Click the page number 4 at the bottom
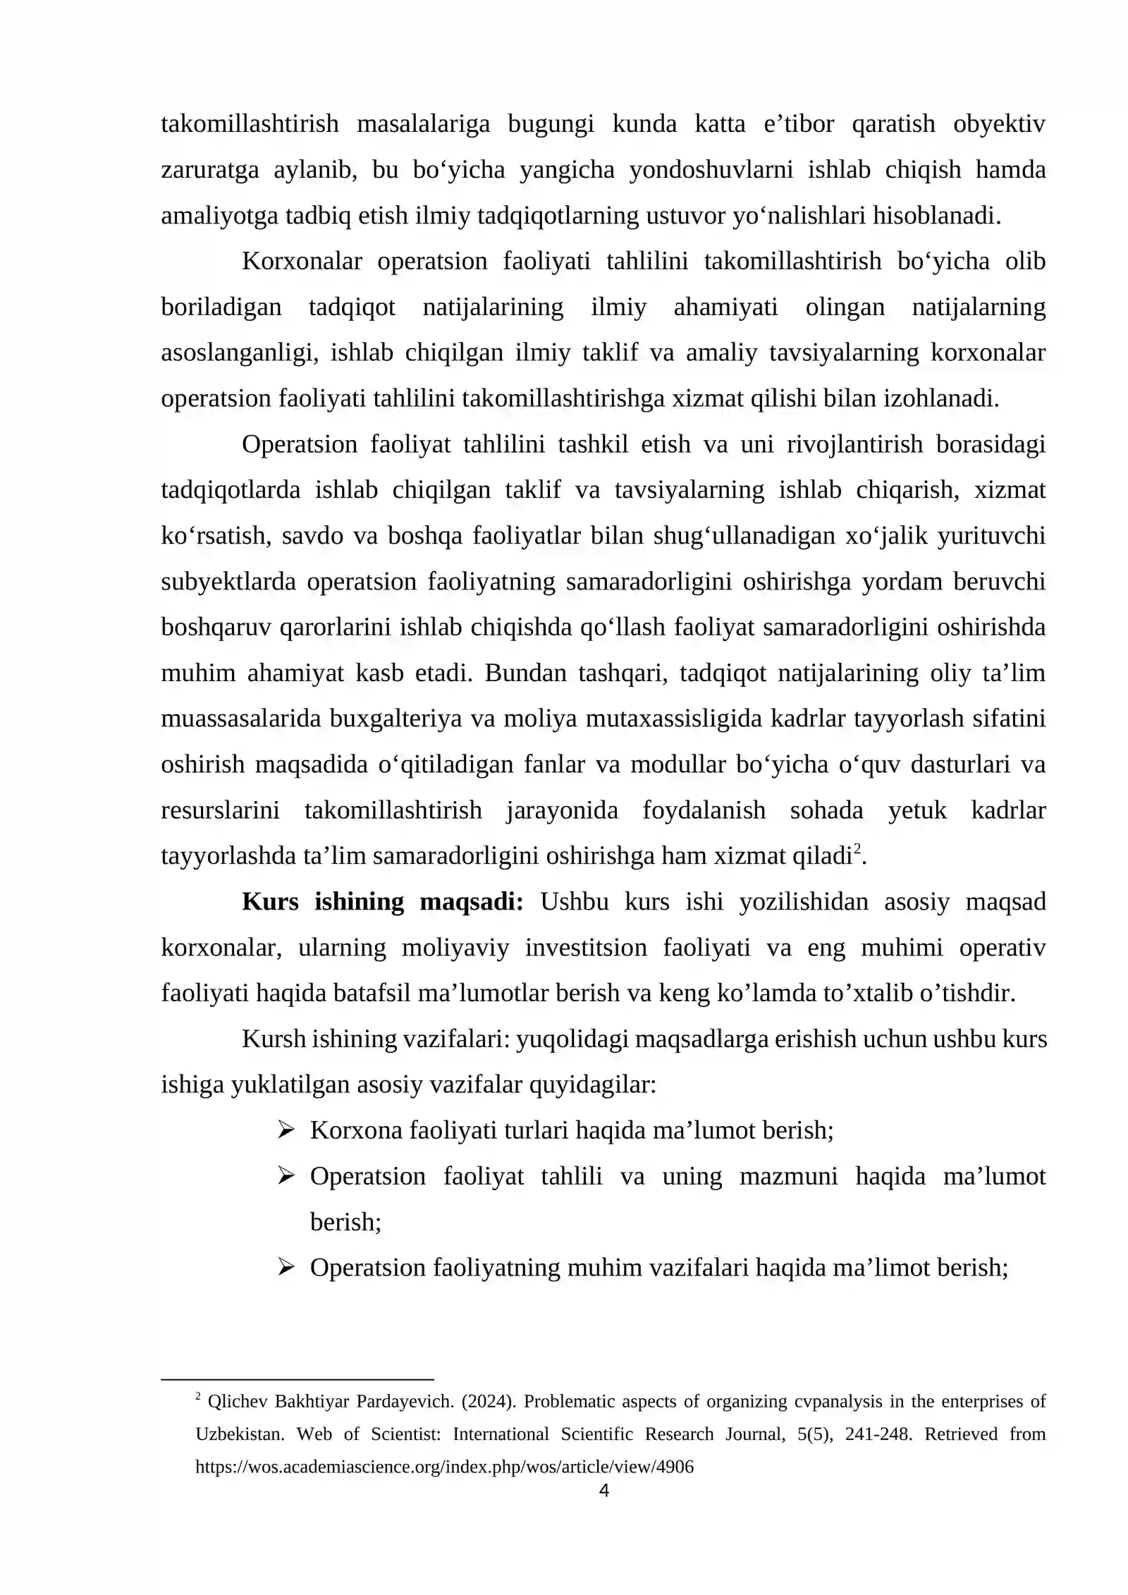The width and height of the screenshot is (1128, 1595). [x=603, y=1490]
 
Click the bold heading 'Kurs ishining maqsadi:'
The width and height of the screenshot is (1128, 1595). [x=382, y=902]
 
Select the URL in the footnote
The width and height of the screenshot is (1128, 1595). [x=444, y=1467]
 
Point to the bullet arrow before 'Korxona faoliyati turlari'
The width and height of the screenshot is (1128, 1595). [x=286, y=1131]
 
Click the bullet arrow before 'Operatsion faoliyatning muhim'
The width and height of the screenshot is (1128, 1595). [x=286, y=1269]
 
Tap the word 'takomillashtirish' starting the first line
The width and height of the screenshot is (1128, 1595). [x=250, y=124]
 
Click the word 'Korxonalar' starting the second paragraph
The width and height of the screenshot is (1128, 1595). [x=302, y=262]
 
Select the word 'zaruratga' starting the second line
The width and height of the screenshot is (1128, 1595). [x=210, y=170]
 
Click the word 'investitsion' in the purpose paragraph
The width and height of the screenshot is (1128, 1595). [x=586, y=948]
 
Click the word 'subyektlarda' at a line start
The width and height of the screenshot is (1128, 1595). [x=228, y=582]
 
